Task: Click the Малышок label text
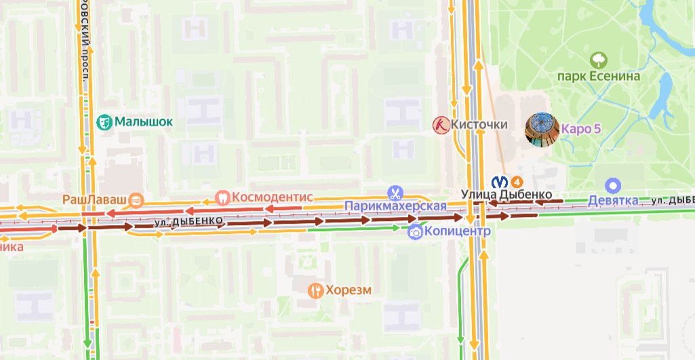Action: (x=143, y=122)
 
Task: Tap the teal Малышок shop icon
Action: (x=104, y=122)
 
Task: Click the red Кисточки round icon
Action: (x=441, y=124)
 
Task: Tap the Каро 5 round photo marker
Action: (x=542, y=129)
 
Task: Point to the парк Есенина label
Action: (x=598, y=76)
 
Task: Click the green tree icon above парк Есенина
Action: (x=598, y=60)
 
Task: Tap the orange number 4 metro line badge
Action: (x=516, y=181)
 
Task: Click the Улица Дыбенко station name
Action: (x=506, y=195)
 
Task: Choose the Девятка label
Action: (x=613, y=201)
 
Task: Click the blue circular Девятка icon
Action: (x=614, y=185)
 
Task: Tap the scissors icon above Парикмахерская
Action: (x=395, y=193)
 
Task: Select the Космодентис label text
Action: (x=272, y=197)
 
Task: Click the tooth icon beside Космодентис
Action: (x=222, y=197)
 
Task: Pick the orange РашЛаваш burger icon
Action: (x=136, y=199)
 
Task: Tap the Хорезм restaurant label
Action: (x=349, y=291)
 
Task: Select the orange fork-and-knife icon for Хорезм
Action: (x=315, y=291)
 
